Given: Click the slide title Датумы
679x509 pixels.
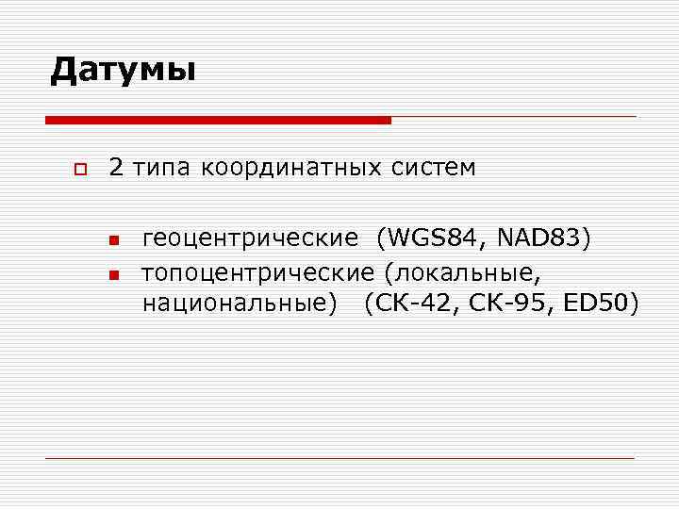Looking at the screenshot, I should [123, 70].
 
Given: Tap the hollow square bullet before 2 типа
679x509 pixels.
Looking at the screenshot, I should [79, 171].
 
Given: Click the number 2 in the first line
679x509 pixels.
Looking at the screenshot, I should [116, 169].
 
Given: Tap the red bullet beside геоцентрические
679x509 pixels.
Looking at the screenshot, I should [113, 241].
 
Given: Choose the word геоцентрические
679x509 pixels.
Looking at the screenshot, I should [250, 240].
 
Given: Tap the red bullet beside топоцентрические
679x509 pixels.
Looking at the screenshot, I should [113, 274].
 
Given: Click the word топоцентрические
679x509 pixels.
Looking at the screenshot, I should [257, 272].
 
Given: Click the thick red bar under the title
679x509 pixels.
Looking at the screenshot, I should [218, 121].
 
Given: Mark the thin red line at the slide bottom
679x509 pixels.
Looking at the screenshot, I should [339, 458].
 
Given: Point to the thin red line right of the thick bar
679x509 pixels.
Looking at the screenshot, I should [514, 117].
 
